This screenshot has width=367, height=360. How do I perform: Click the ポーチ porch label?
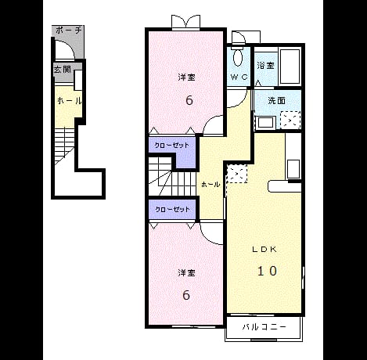point(69,31)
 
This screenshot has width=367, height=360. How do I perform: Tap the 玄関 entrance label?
point(63,70)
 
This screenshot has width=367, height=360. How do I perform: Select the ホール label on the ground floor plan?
point(69,101)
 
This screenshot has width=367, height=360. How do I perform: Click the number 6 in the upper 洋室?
point(189,100)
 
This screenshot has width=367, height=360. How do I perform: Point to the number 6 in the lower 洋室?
point(186,295)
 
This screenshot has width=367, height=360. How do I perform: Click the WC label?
point(239,77)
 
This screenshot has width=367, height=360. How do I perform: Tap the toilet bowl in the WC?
point(238,57)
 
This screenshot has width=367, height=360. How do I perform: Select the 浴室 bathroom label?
point(265,65)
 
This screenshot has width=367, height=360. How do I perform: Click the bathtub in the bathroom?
point(290,66)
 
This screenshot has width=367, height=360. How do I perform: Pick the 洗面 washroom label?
point(276,101)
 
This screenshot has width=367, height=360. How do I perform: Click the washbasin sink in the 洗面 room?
point(266,123)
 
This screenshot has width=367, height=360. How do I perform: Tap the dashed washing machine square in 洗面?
point(290,120)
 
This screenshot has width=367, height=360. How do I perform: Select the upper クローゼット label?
point(171,145)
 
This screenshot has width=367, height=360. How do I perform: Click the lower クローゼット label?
point(172,209)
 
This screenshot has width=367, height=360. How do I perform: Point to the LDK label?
point(264,250)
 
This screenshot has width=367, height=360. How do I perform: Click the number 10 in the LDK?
point(267,271)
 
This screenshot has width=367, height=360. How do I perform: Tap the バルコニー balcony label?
point(264,326)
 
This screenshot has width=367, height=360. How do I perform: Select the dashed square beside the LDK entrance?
point(237,174)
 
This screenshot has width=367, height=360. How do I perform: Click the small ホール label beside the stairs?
point(210,185)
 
